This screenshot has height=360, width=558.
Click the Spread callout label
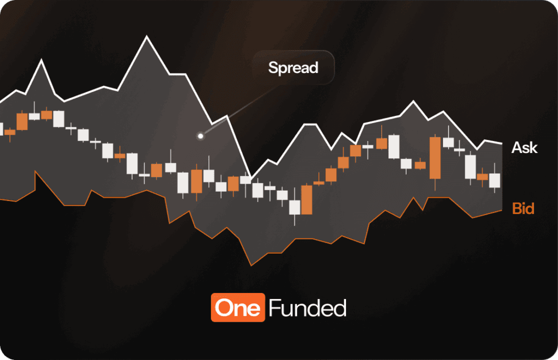coord(293,68)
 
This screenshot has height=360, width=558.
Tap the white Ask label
coord(524,148)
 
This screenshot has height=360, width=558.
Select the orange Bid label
coord(523,209)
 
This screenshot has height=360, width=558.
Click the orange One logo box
coord(238,308)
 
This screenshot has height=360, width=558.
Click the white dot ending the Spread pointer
coord(201,136)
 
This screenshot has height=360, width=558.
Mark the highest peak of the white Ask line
coord(147,36)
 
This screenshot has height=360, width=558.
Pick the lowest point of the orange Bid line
coord(251,265)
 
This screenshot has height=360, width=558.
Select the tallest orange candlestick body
coord(435,158)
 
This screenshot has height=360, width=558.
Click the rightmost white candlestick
coord(494,180)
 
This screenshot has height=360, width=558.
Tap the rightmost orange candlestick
coord(482,176)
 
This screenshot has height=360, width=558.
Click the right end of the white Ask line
coord(501,144)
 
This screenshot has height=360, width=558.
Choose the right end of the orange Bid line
coord(501,210)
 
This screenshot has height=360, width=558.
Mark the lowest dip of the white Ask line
coord(250,178)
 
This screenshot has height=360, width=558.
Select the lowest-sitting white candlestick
coord(295,207)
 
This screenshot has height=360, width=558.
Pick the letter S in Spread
coord(272,68)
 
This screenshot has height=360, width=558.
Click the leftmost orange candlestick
coord(10,132)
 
